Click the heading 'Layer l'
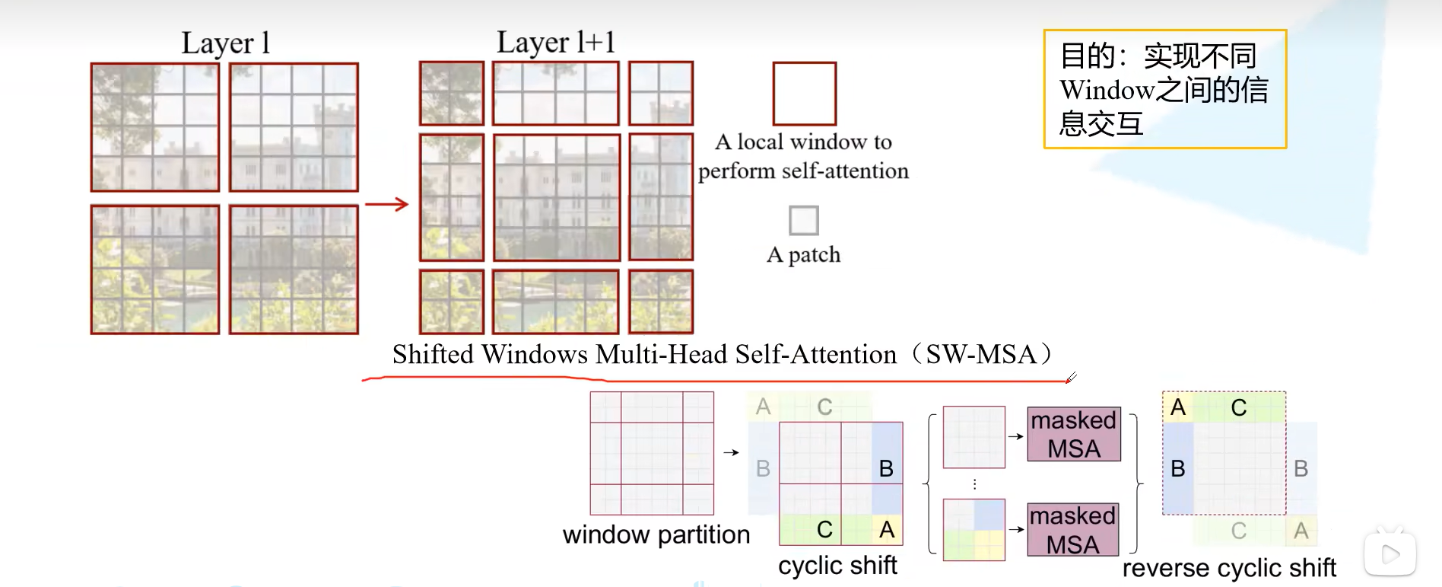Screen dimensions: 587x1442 coord(225,43)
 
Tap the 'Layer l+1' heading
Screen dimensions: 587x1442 coord(555,43)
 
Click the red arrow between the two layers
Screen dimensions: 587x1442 coord(386,203)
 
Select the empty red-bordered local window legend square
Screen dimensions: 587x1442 coord(804,94)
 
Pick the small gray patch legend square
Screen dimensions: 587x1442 coord(803,220)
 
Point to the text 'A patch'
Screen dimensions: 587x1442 coord(803,254)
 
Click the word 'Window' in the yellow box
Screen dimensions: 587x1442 coord(1107,90)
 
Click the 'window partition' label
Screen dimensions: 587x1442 coord(656,534)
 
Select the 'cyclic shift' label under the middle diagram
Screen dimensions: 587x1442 coord(837,565)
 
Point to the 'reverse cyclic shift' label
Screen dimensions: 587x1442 coord(1228,568)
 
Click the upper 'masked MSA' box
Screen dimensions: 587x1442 coord(1073,434)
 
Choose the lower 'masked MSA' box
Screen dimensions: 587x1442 coord(1072,530)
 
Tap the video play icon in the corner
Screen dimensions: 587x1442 coord(1390,554)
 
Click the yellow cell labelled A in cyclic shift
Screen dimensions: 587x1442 coord(887,529)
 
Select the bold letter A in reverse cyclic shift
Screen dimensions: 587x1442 coord(1178,407)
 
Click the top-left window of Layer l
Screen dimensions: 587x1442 coord(155,127)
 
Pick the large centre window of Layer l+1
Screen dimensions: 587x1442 coord(556,197)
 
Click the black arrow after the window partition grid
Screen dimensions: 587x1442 coord(731,452)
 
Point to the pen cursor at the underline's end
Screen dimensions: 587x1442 coord(1070,378)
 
